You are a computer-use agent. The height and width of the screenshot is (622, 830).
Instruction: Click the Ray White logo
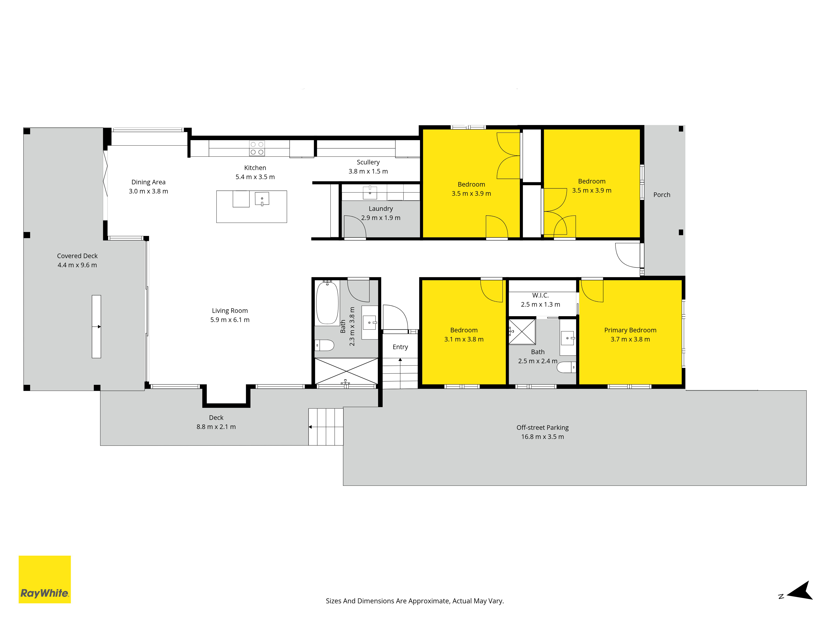tap(45, 579)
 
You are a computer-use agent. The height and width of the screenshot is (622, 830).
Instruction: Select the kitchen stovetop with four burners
tap(257, 148)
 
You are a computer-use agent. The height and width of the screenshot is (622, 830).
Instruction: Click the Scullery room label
tap(368, 162)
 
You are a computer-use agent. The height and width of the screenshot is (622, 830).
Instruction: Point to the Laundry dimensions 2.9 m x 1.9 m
tap(381, 218)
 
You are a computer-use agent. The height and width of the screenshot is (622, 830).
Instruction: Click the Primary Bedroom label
tap(630, 330)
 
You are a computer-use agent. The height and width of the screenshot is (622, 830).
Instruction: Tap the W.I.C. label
tap(540, 295)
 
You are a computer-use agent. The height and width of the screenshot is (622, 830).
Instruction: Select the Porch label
tap(662, 195)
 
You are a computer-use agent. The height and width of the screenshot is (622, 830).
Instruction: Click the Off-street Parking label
tap(543, 428)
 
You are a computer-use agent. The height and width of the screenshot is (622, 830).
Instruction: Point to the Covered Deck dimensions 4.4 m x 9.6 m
tap(77, 265)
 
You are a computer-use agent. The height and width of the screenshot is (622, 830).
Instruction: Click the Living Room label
tap(230, 311)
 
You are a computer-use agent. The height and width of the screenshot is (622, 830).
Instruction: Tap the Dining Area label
tap(149, 182)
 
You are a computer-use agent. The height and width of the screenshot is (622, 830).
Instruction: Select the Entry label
tap(400, 347)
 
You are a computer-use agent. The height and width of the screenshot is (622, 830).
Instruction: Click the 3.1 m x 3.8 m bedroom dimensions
tap(464, 339)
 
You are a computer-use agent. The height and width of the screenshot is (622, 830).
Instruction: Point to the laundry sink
tap(370, 193)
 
